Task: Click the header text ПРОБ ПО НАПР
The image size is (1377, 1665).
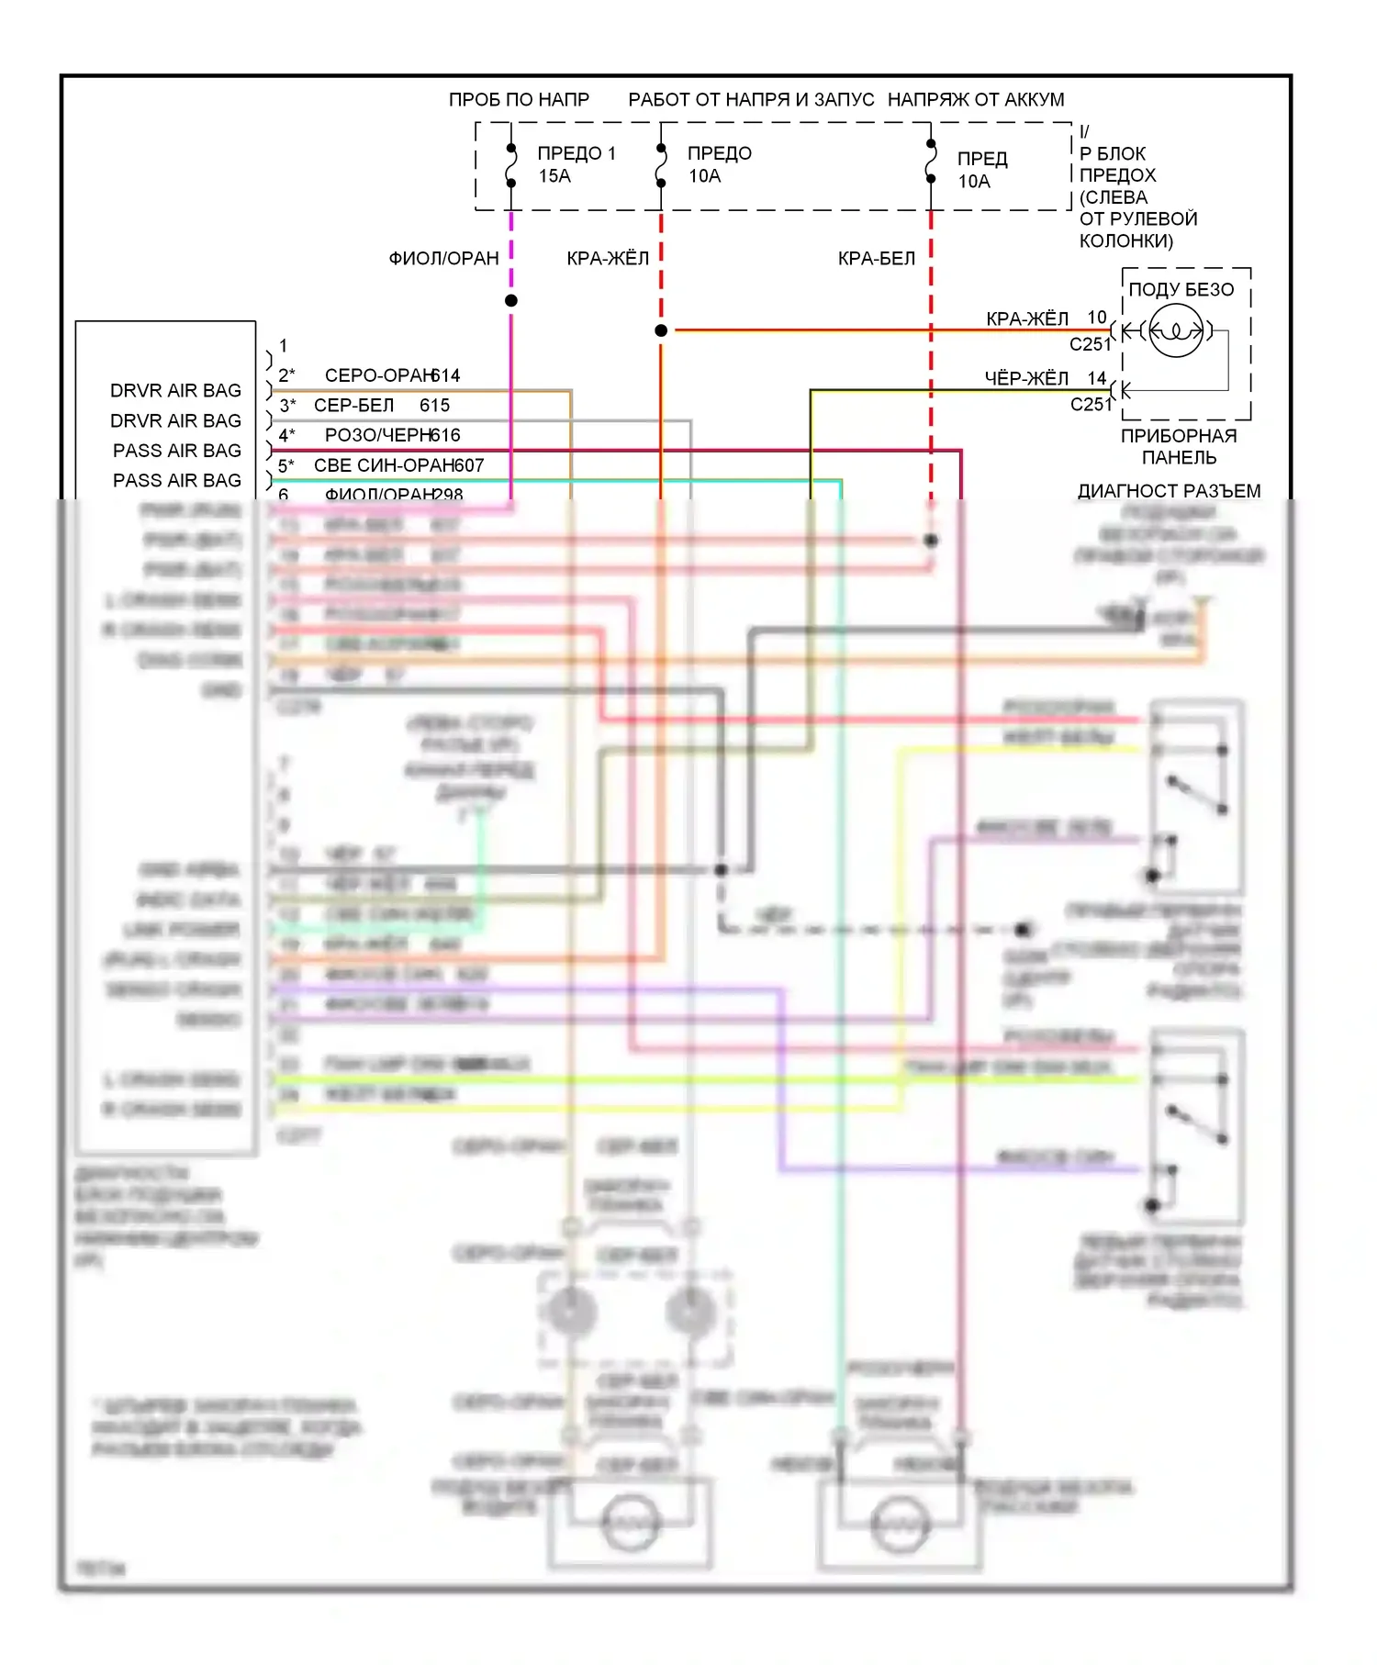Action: tap(519, 99)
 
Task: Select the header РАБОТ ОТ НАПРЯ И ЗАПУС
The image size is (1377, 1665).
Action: tap(751, 99)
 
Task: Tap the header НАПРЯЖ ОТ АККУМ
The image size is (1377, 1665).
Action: tap(976, 99)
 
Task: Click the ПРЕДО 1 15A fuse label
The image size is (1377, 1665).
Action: tap(576, 164)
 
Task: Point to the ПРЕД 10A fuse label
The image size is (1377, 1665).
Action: tap(981, 170)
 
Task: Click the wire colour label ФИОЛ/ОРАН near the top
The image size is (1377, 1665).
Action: tap(443, 259)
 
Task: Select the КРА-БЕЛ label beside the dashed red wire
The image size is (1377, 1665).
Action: tap(876, 259)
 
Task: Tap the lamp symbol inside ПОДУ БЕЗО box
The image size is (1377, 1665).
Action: tap(1175, 330)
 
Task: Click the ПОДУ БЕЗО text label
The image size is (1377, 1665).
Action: tap(1181, 290)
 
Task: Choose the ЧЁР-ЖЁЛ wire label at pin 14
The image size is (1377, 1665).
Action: tap(1026, 378)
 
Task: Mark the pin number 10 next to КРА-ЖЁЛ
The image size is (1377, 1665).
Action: tap(1097, 318)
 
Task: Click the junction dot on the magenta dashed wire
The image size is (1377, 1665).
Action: tap(511, 301)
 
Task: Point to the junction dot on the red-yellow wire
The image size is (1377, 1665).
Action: tap(661, 330)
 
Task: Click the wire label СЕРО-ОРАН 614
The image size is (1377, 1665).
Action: tap(392, 375)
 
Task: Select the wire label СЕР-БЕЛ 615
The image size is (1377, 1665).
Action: tap(381, 406)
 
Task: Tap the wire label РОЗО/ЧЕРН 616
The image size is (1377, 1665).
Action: tap(392, 435)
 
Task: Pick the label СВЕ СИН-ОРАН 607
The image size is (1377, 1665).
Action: tap(398, 465)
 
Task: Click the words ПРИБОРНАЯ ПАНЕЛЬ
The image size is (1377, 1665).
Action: tap(1179, 446)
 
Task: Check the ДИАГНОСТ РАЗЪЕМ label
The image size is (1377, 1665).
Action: tap(1169, 491)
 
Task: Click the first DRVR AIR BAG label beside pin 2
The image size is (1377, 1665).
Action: tap(175, 391)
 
